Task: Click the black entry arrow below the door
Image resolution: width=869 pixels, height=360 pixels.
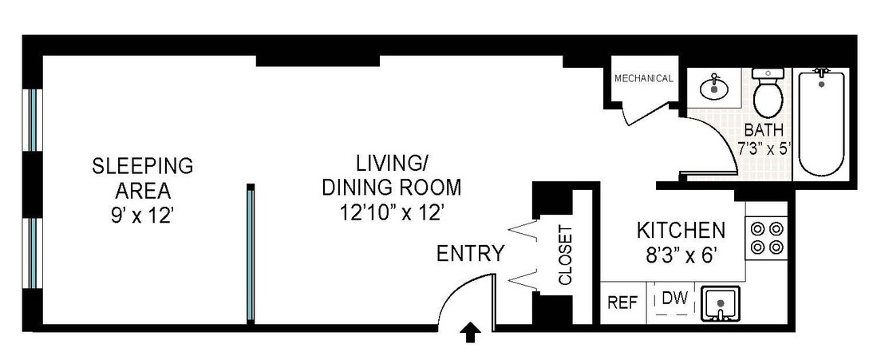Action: pyautogui.click(x=471, y=334)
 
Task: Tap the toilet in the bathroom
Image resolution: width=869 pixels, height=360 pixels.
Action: pyautogui.click(x=768, y=93)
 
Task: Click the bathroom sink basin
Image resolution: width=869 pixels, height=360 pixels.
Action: pyautogui.click(x=715, y=88)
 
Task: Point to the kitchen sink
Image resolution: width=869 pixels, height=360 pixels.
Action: pyautogui.click(x=721, y=303)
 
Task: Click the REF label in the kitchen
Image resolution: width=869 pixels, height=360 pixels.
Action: pyautogui.click(x=623, y=303)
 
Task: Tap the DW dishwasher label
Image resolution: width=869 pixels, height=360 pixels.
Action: pyautogui.click(x=675, y=299)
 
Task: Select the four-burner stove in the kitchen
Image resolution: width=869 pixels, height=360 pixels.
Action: pyautogui.click(x=766, y=237)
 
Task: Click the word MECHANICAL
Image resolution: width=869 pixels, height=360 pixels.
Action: pyautogui.click(x=644, y=78)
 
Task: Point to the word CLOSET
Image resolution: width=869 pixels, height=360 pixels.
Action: pyautogui.click(x=565, y=255)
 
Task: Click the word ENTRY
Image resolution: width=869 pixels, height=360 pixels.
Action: pyautogui.click(x=471, y=254)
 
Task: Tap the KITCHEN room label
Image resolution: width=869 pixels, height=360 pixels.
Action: pyautogui.click(x=681, y=230)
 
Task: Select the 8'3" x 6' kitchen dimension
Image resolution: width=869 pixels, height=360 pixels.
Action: pyautogui.click(x=680, y=257)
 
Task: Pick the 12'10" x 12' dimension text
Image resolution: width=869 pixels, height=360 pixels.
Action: pyautogui.click(x=393, y=213)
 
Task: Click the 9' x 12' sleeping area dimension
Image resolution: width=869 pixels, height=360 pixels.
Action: pyautogui.click(x=143, y=216)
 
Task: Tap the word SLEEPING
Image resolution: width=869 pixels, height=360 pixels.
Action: pyautogui.click(x=142, y=165)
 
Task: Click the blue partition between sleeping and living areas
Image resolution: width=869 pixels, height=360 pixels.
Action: pyautogui.click(x=251, y=254)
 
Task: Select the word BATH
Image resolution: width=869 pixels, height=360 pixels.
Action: pyautogui.click(x=764, y=130)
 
